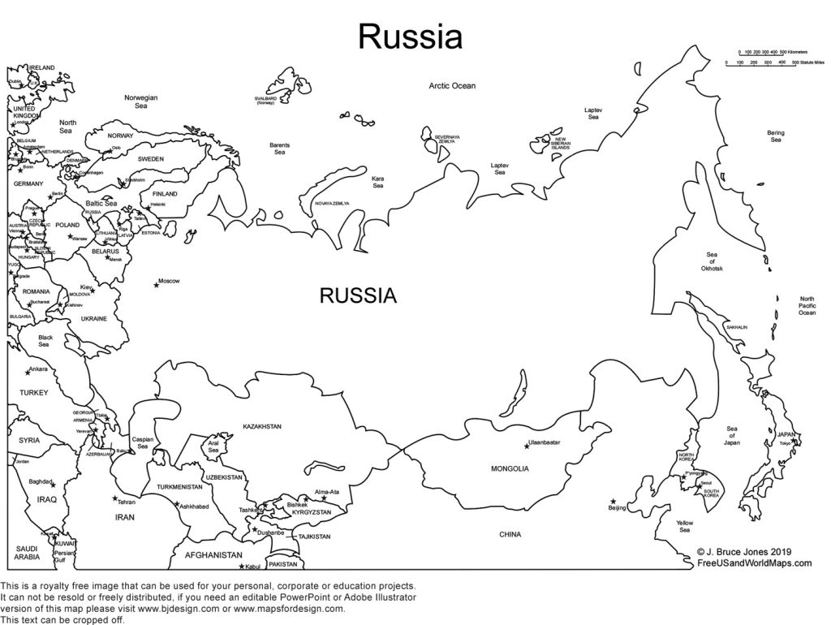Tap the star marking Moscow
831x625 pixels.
[x=156, y=284]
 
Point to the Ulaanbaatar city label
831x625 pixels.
[x=545, y=443]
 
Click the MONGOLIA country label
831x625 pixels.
[x=510, y=469]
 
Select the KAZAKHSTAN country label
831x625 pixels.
[x=261, y=426]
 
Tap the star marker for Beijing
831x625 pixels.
[x=613, y=501]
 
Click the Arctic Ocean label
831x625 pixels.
[x=452, y=85]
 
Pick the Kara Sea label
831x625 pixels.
[x=377, y=182]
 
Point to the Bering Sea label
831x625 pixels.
[x=775, y=136]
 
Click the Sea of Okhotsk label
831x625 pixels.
[x=712, y=261]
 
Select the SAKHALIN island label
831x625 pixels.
[x=736, y=327]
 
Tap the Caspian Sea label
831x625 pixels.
[x=142, y=443]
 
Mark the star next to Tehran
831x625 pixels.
[x=115, y=498]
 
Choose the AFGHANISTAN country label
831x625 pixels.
[x=214, y=555]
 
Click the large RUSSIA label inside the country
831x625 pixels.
[x=358, y=296]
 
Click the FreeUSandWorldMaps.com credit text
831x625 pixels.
[x=754, y=562]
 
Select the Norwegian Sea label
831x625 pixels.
[x=140, y=101]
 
